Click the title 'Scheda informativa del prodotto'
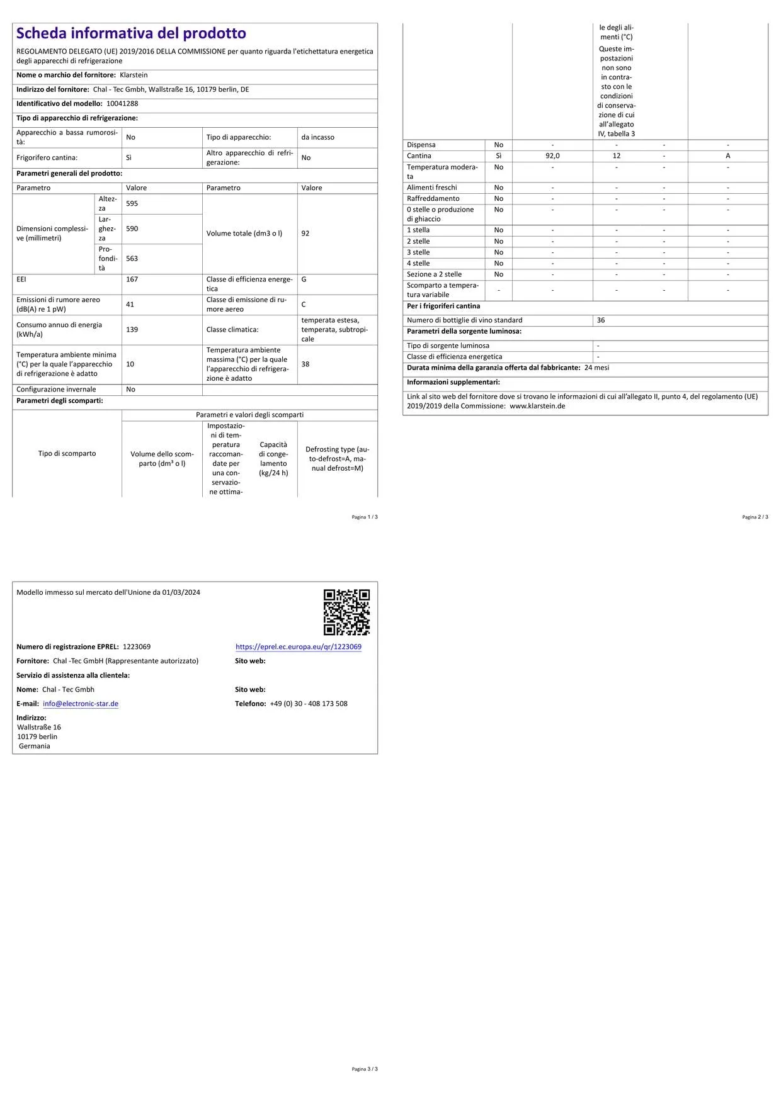click(131, 33)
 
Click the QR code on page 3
click(346, 612)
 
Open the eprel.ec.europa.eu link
click(299, 647)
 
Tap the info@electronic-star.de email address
click(81, 704)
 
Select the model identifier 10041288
click(122, 104)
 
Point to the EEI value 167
click(132, 279)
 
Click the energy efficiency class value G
click(304, 279)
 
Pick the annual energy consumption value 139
click(132, 330)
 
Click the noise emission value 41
click(130, 305)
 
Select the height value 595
click(132, 204)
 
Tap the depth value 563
click(132, 259)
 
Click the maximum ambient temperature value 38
click(305, 364)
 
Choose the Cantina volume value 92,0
click(552, 156)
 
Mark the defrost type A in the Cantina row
click(727, 156)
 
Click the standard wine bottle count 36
click(601, 320)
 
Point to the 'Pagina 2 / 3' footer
click(755, 517)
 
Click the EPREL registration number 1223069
click(137, 647)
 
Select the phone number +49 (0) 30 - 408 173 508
click(309, 704)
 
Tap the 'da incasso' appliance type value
click(318, 137)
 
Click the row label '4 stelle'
click(418, 264)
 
